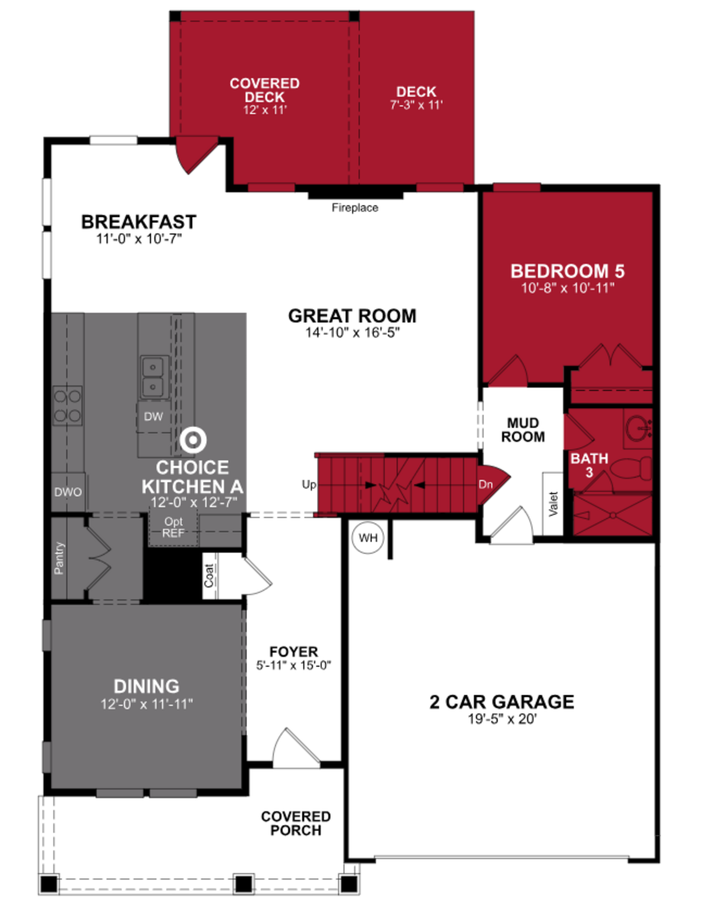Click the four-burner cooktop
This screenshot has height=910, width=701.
[67, 405]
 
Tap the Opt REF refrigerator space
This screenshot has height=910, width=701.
[173, 527]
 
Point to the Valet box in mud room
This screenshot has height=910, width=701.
[553, 504]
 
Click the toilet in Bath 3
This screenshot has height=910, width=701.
[633, 469]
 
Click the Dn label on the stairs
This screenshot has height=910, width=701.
[485, 485]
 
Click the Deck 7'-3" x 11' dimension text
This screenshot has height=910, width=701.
[416, 105]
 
